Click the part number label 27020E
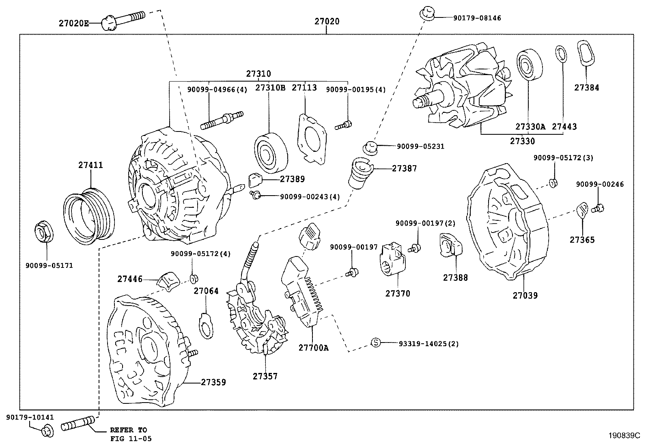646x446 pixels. click(73, 24)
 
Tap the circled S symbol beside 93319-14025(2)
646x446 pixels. click(376, 343)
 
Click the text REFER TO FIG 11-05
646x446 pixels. click(129, 434)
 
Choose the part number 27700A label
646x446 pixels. click(314, 348)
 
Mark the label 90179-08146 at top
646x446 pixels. click(477, 18)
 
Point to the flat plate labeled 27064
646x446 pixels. click(206, 325)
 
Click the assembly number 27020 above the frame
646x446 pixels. click(327, 22)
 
